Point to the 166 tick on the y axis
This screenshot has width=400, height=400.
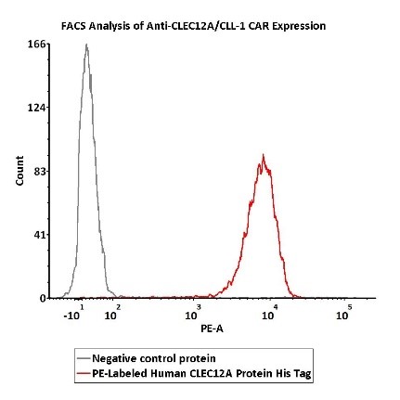click(38, 44)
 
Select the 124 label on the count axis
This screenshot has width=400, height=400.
click(38, 108)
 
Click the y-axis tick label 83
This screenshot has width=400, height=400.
click(41, 171)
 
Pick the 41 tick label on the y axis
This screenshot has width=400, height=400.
click(41, 235)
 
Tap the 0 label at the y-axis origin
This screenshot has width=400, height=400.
click(44, 298)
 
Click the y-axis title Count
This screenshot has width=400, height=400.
click(19, 171)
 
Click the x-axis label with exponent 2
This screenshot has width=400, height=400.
click(112, 314)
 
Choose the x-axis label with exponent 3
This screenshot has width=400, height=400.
click(192, 314)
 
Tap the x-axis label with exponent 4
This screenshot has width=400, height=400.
click(269, 314)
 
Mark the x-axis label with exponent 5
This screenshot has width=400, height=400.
click(343, 314)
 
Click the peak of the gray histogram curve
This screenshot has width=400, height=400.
click(86, 44)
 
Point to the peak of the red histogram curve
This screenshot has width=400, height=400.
click(264, 155)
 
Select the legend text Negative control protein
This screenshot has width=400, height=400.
click(154, 358)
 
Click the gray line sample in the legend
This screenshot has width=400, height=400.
click(84, 359)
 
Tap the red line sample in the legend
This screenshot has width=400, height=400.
click(84, 373)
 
